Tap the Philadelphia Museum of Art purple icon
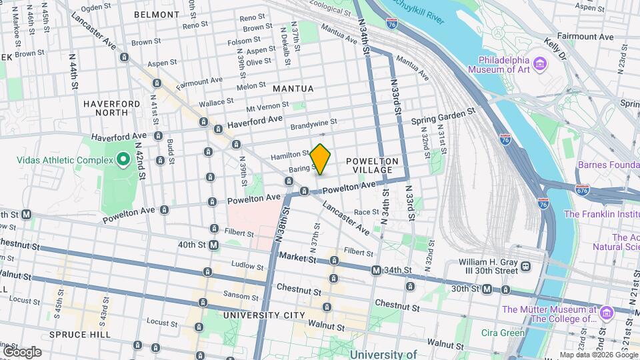click(x=540, y=64)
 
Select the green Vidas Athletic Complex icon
click(x=123, y=159)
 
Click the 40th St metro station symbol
click(x=214, y=245)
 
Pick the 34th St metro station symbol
click(x=376, y=270)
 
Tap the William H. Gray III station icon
click(x=526, y=266)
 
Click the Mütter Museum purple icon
click(x=606, y=313)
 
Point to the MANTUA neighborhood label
click(x=292, y=88)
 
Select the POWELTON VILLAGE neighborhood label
click(x=372, y=165)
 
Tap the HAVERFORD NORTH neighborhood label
click(x=111, y=108)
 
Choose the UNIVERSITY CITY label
click(x=259, y=315)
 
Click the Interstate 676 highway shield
click(x=582, y=189)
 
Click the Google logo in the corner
click(x=22, y=351)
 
